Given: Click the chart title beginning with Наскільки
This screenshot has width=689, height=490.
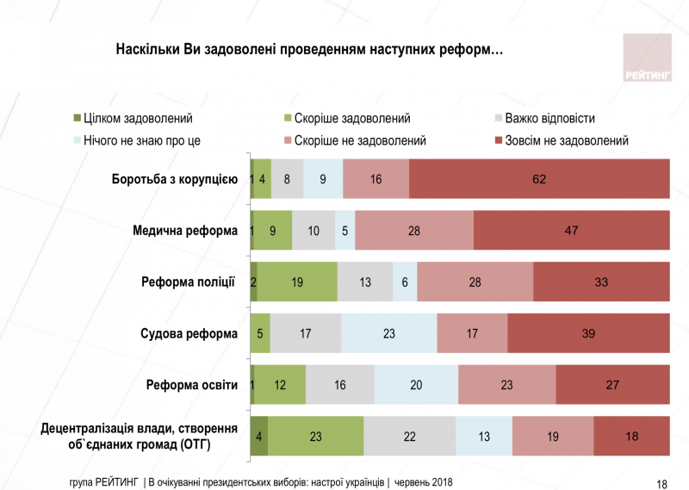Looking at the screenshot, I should tap(309, 51).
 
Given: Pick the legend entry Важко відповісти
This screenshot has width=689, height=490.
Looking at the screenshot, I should tap(549, 118).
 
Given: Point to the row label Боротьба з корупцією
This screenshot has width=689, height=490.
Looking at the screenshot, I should tap(174, 179).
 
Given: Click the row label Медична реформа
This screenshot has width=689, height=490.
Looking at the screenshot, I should tap(184, 231).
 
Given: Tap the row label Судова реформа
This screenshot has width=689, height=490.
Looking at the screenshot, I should tap(188, 333).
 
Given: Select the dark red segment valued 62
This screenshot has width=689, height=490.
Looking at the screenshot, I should tap(539, 179).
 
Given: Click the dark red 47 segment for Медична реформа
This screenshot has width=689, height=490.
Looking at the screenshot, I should tap(571, 231).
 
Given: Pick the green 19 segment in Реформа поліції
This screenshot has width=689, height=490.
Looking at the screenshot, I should tap(297, 282).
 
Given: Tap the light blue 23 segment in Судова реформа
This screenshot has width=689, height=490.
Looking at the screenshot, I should tap(389, 333).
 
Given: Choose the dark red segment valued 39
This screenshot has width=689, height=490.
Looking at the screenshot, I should tap(588, 333).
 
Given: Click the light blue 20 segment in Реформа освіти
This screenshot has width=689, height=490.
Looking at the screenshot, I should tap(416, 385).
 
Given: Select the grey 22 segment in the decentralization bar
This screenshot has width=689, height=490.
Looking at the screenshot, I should tap(410, 437).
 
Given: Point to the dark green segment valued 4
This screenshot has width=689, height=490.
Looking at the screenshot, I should tap(259, 437).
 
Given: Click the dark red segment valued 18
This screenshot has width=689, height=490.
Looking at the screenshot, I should tap(631, 437).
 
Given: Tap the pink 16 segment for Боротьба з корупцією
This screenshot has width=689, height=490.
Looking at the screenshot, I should tap(376, 179).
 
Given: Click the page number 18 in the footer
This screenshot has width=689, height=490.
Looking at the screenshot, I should tap(661, 483).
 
